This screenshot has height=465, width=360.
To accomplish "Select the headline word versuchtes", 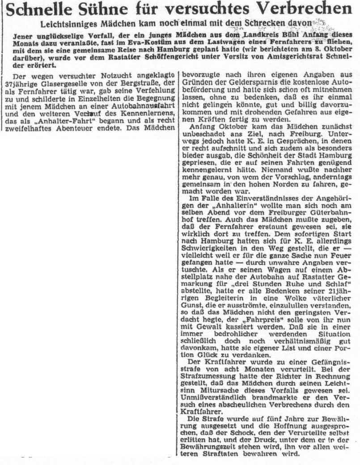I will [x=222, y=9].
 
